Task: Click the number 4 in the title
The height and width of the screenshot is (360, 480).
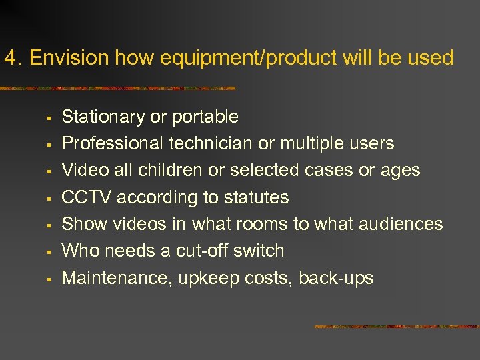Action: tap(9, 58)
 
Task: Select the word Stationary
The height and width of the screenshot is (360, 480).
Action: tap(103, 117)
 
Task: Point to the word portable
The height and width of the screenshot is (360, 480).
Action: tap(205, 117)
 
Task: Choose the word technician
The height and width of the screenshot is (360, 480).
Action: tap(210, 143)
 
